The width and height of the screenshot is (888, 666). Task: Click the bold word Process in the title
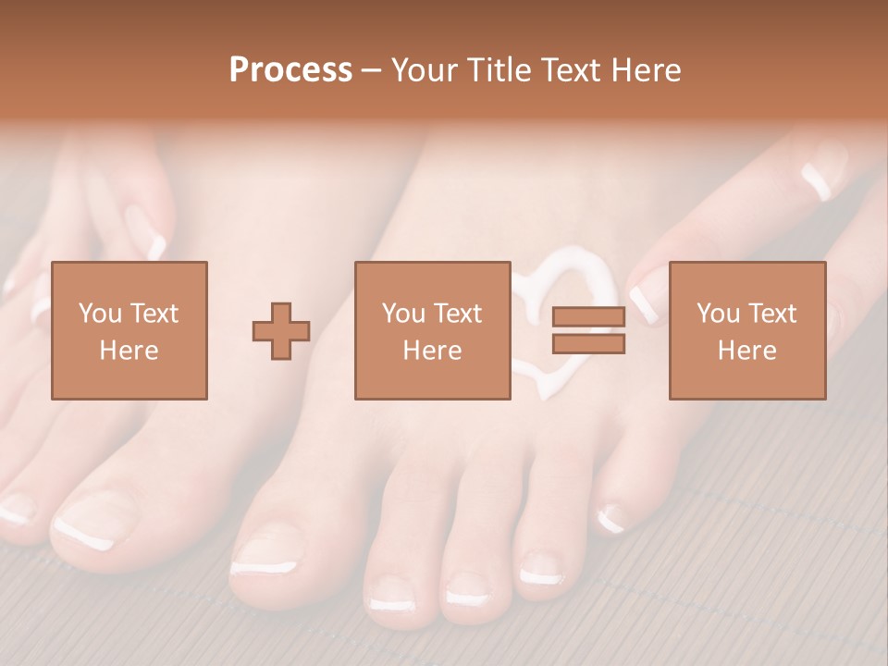[x=290, y=70]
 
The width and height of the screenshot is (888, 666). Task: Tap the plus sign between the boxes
[x=281, y=331]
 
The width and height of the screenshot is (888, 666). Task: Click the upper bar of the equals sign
[x=588, y=316]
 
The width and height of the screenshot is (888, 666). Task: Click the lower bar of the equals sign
[x=588, y=344]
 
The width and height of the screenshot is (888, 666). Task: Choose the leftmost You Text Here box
[x=129, y=330]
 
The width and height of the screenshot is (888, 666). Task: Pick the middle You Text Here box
[x=432, y=330]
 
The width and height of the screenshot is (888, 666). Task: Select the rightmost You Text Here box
[x=746, y=330]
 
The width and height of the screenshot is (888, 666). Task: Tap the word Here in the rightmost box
[x=746, y=350]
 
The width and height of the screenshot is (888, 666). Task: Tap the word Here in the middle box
[x=432, y=350]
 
